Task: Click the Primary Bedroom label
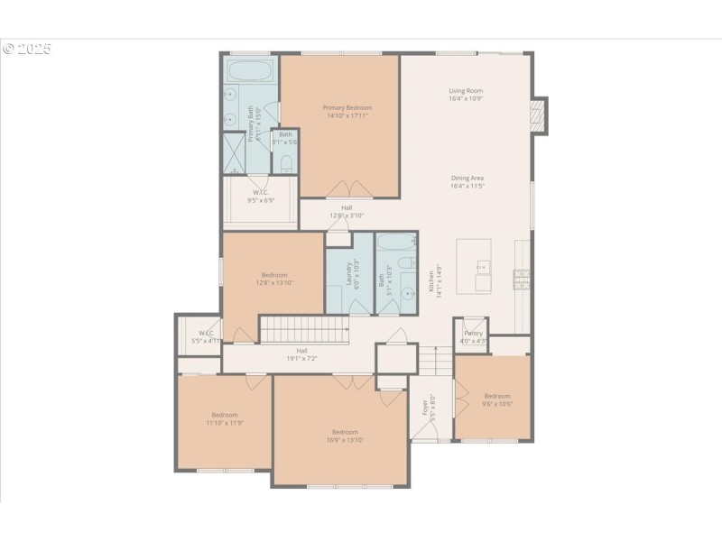pyautogui.click(x=347, y=107)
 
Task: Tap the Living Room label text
pyautogui.click(x=467, y=90)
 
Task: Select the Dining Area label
pyautogui.click(x=467, y=178)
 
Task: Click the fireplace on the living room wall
pyautogui.click(x=539, y=115)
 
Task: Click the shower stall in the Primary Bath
pyautogui.click(x=234, y=153)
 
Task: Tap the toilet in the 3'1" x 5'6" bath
pyautogui.click(x=285, y=164)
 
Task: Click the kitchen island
pyautogui.click(x=474, y=265)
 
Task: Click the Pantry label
pyautogui.click(x=473, y=333)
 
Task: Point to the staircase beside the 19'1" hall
pyautogui.click(x=304, y=329)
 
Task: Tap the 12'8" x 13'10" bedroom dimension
pyautogui.click(x=274, y=283)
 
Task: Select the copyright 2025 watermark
pyautogui.click(x=27, y=49)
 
